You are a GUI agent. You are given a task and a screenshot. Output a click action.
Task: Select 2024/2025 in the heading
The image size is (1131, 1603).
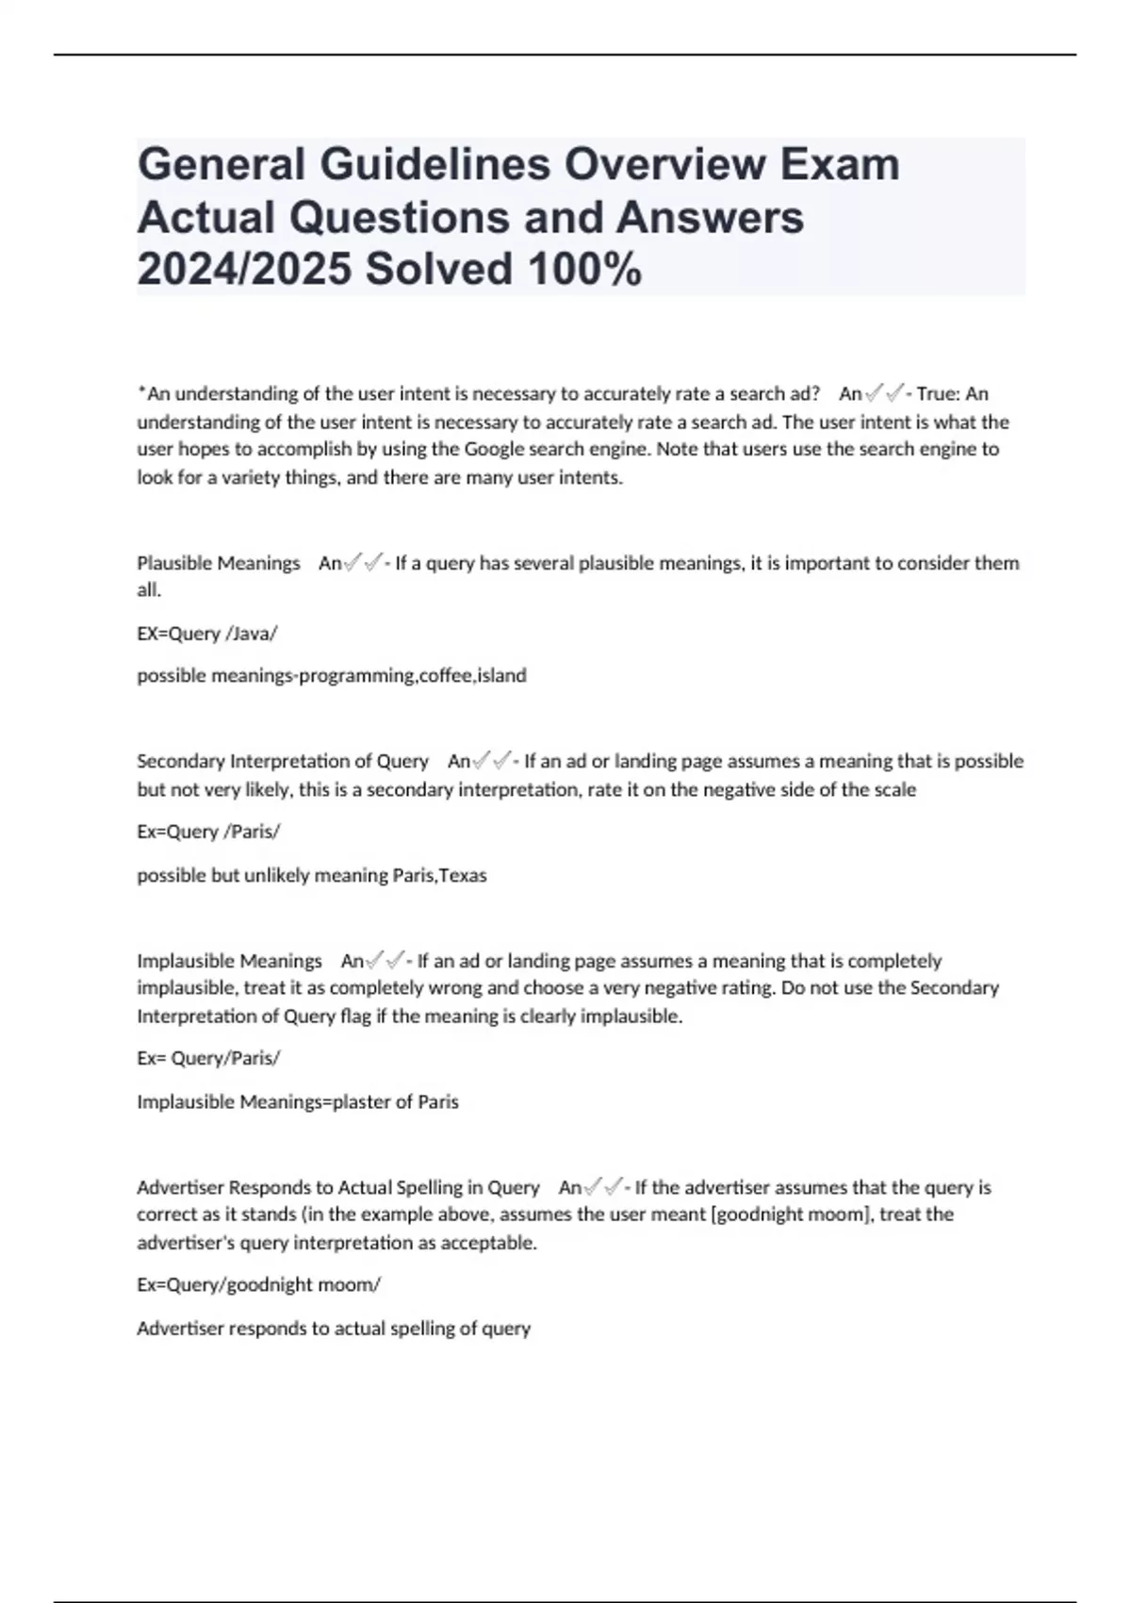pyautogui.click(x=244, y=270)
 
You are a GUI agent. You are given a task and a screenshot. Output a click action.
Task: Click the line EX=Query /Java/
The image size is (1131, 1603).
pyautogui.click(x=207, y=633)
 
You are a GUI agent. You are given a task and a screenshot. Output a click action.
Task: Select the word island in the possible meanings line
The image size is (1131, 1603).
pyautogui.click(x=502, y=675)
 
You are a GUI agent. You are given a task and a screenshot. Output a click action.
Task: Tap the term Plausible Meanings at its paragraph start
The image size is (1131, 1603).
pyautogui.click(x=219, y=563)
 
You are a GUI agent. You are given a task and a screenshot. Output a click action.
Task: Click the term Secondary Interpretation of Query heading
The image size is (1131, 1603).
pyautogui.click(x=282, y=761)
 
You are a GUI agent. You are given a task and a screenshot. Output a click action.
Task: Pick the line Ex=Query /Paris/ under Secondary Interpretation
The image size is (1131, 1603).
pyautogui.click(x=208, y=832)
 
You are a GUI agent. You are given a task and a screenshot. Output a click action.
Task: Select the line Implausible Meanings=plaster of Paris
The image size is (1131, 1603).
pyautogui.click(x=298, y=1101)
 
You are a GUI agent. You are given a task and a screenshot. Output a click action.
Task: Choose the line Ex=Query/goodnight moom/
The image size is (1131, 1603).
pyautogui.click(x=258, y=1284)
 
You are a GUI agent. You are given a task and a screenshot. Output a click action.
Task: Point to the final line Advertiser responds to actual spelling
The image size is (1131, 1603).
pyautogui.click(x=334, y=1328)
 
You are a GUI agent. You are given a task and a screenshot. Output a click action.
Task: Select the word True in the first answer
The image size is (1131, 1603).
pyautogui.click(x=935, y=393)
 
